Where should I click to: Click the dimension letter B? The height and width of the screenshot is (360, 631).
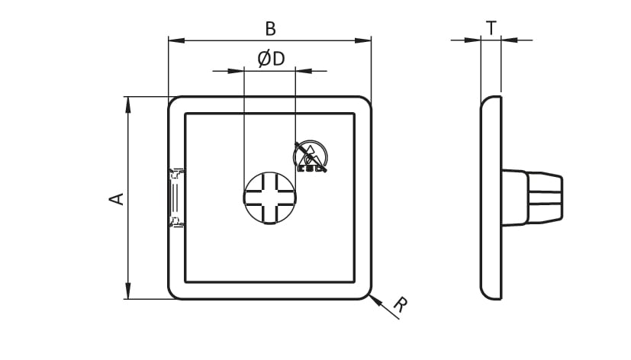pyautogui.click(x=270, y=29)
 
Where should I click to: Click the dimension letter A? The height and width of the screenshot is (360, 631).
pyautogui.click(x=117, y=199)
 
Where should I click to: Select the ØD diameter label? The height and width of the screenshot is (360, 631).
pyautogui.click(x=271, y=59)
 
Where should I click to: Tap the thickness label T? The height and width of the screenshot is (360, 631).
pyautogui.click(x=491, y=28)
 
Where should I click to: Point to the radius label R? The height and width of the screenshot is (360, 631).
pyautogui.click(x=401, y=304)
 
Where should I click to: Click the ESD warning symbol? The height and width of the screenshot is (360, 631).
pyautogui.click(x=311, y=156)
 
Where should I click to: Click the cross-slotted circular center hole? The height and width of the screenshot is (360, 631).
pyautogui.click(x=270, y=198)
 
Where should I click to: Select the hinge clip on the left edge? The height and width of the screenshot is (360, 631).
pyautogui.click(x=175, y=198)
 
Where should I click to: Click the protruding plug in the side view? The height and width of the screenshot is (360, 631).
pyautogui.click(x=532, y=198)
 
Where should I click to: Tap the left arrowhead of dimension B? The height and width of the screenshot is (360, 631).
pyautogui.click(x=176, y=40)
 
